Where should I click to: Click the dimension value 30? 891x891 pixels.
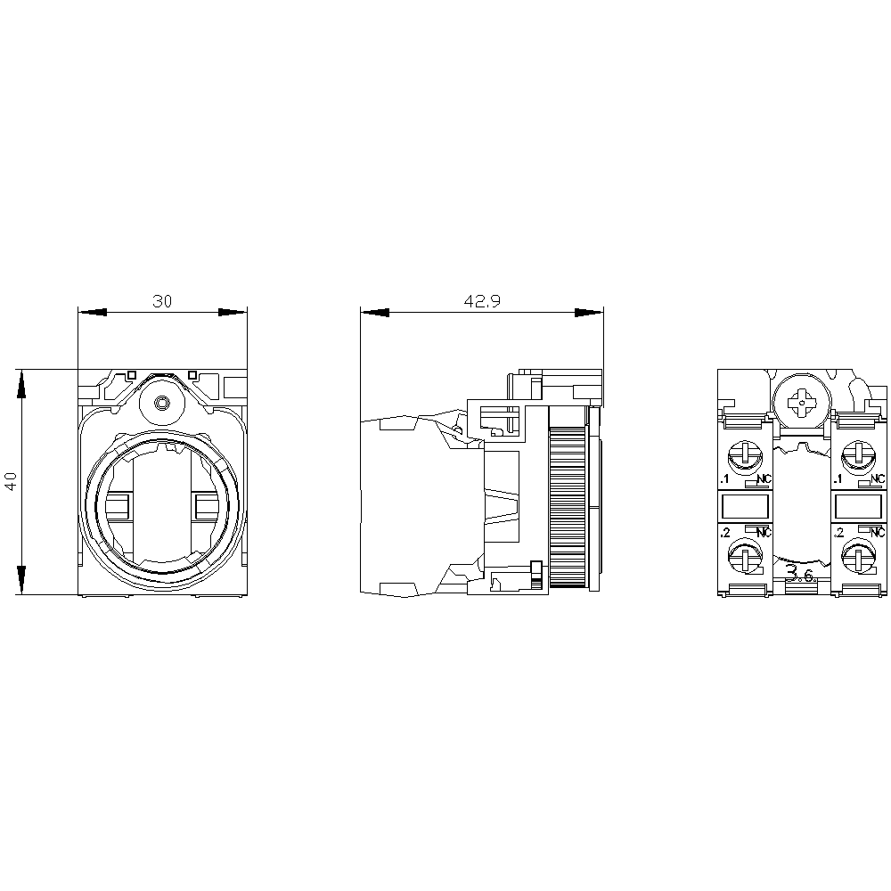[x=161, y=301]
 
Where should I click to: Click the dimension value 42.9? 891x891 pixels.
[x=482, y=301]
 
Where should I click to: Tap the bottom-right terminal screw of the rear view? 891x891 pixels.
[x=856, y=558]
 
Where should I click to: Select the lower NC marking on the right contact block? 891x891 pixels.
[x=879, y=533]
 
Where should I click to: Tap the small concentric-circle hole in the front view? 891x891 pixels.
[x=162, y=404]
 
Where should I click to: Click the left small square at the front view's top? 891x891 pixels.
[x=131, y=375]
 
